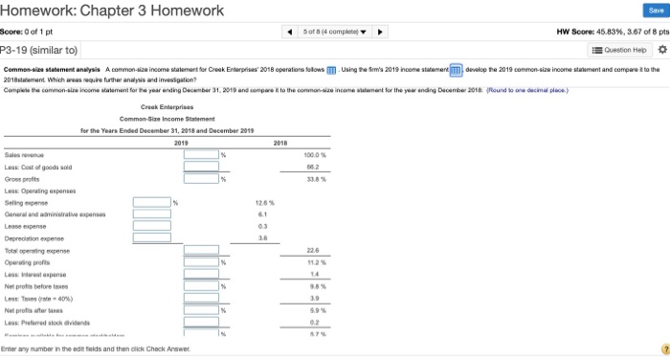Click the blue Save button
point(643,11)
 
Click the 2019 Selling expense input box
point(151,201)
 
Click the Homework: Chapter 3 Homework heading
point(112,11)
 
